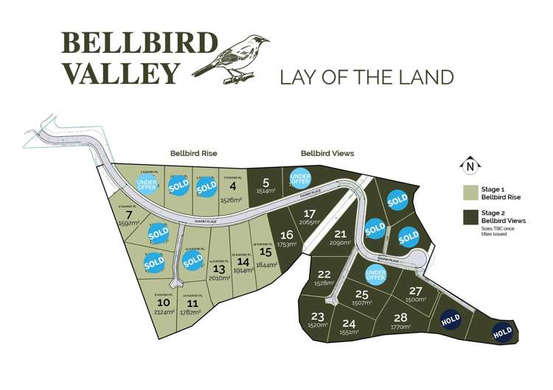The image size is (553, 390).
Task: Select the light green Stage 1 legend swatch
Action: tap(470, 194)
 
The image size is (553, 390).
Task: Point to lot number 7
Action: tap(128, 215)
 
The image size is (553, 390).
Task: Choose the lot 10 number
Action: tap(164, 302)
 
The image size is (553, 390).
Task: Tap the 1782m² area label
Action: tap(193, 312)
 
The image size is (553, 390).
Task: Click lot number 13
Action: tap(219, 269)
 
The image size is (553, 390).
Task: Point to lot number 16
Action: tap(287, 235)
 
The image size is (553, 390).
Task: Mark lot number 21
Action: tap(340, 234)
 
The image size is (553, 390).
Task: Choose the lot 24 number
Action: tap(349, 323)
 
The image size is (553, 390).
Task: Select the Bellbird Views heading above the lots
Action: tap(327, 154)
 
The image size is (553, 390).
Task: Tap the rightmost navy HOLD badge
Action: tap(502, 333)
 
